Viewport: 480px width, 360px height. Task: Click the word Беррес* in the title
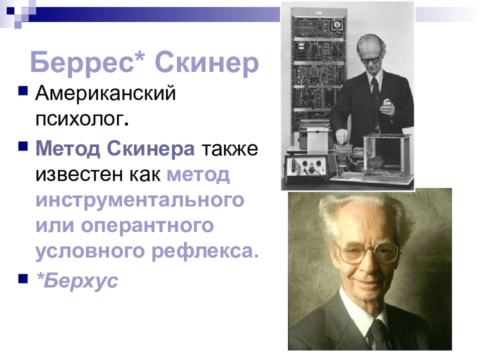point(88,63)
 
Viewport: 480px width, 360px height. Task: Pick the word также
point(230,149)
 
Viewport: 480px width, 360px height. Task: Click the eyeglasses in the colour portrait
point(369,253)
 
